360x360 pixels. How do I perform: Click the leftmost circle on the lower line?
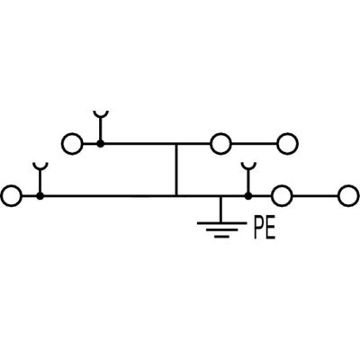pos(12,194)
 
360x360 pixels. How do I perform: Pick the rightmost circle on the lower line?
pos(347,194)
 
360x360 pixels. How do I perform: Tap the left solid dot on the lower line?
pos(40,194)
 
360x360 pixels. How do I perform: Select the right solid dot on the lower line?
pos(248,194)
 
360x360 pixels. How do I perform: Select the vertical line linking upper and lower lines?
pos(176,169)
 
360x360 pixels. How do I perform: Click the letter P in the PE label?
pos(258,229)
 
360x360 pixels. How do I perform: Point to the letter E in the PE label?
pos(270,229)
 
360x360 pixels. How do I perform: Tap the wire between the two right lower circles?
pos(313,194)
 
